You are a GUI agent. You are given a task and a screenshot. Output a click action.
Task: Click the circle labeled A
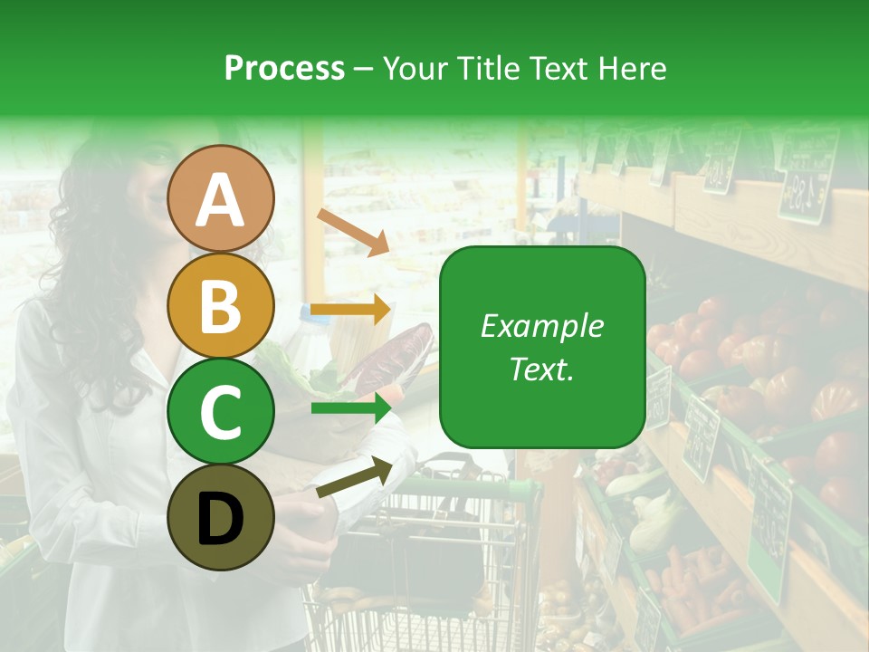pos(221,198)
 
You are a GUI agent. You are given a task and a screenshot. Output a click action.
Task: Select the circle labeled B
pos(221,305)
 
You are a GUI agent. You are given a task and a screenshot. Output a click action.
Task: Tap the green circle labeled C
pos(221,412)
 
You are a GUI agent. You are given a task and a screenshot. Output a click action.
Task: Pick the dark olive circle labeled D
pos(221,518)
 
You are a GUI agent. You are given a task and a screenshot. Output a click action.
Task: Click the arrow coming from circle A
pos(353,232)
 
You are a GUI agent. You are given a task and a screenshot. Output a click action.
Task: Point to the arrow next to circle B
pos(351,310)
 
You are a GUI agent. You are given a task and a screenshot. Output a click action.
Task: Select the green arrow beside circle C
pos(351,408)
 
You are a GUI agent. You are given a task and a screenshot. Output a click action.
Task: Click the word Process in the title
pos(284,68)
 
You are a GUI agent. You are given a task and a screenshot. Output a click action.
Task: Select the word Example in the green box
pos(541,326)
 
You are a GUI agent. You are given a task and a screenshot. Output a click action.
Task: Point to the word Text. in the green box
pos(541,369)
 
